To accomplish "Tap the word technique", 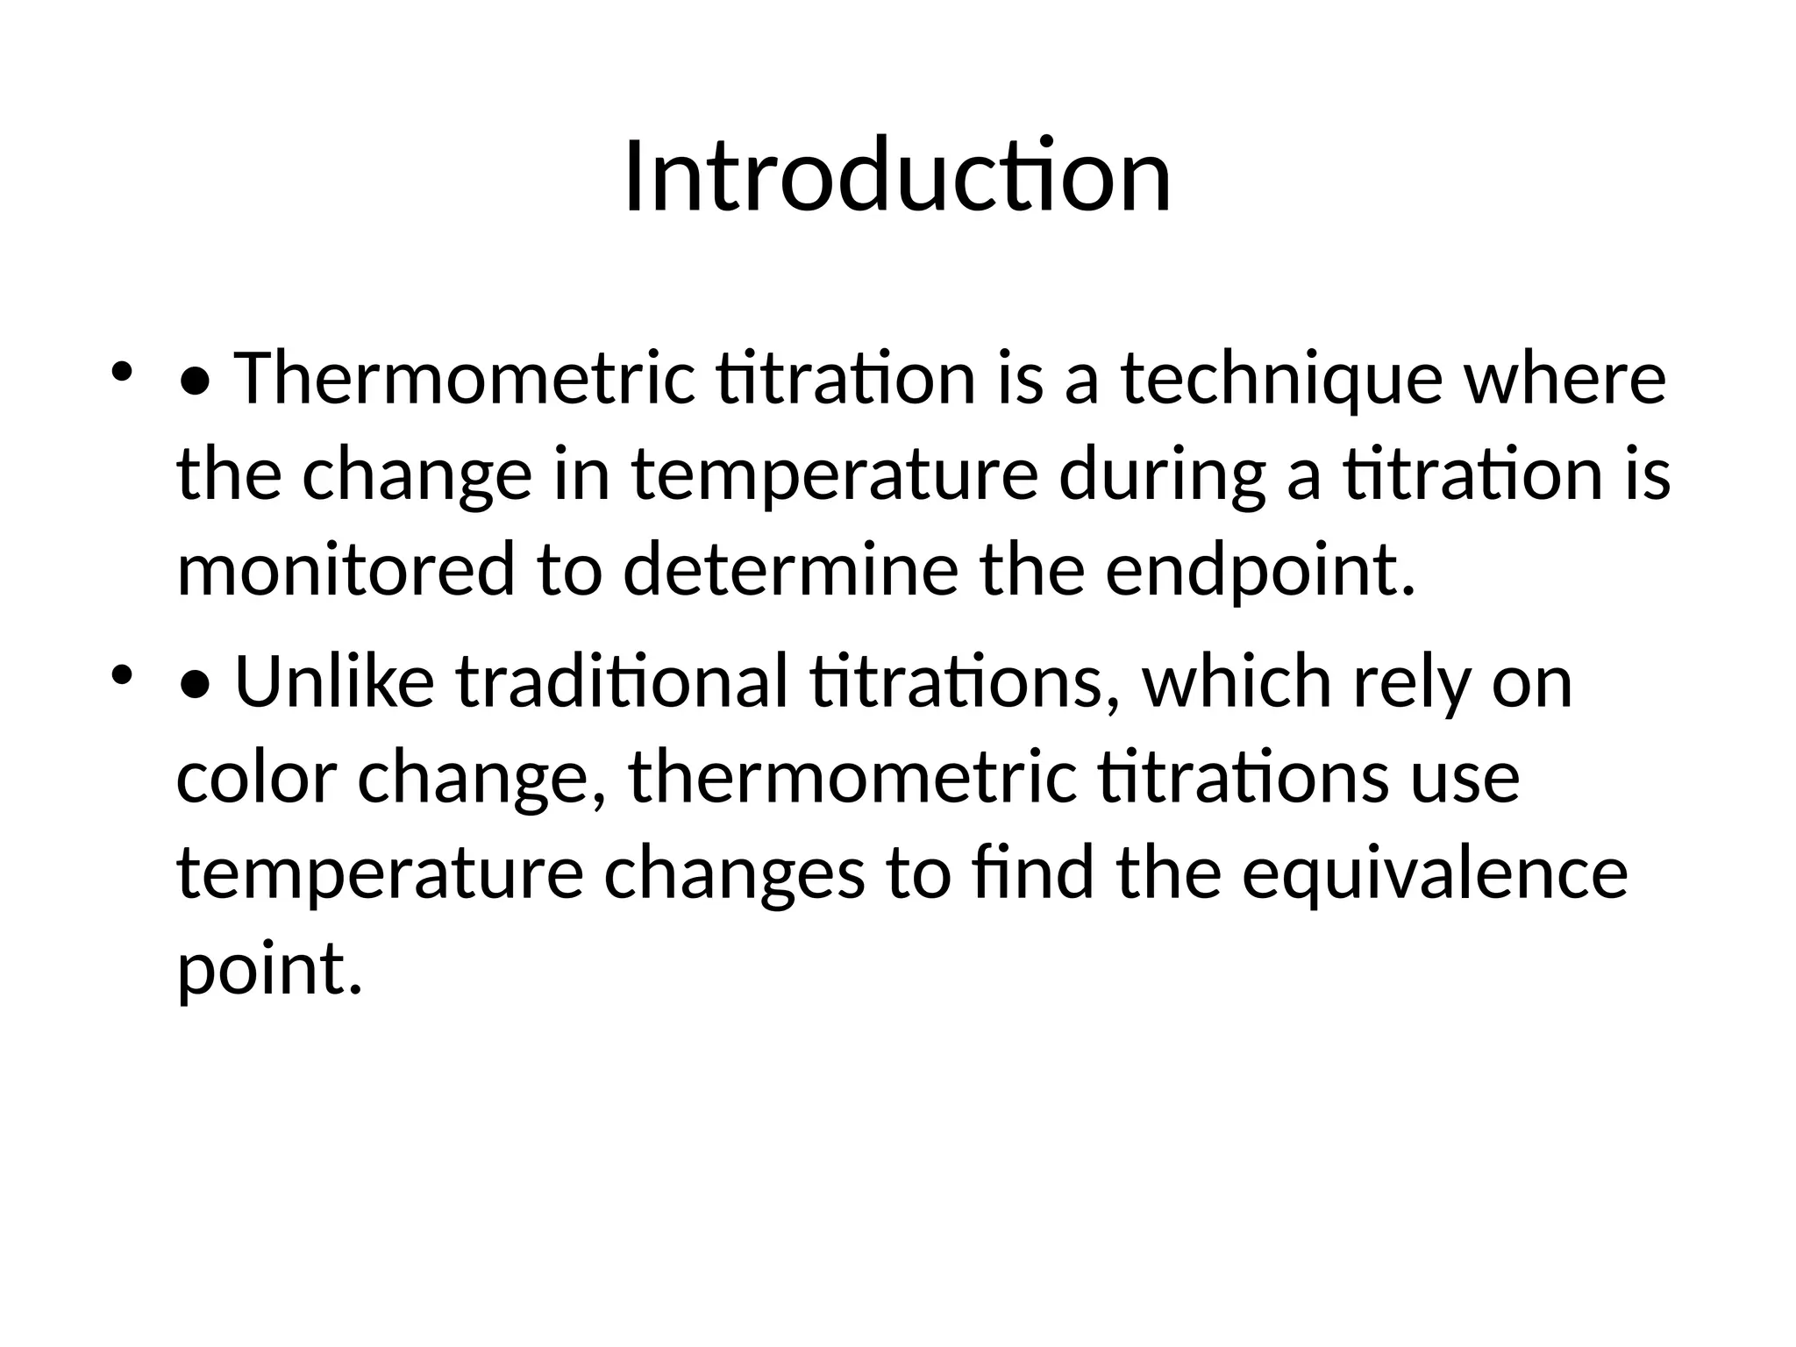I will [1281, 379].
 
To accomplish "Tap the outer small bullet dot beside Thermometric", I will [121, 372].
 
